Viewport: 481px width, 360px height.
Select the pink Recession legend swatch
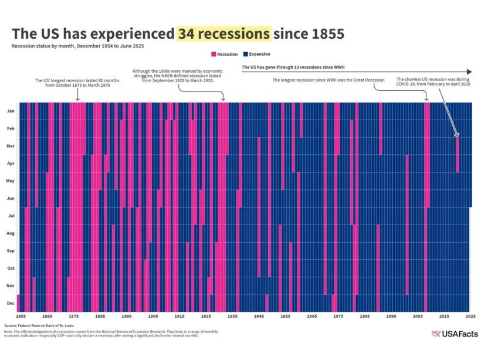point(214,54)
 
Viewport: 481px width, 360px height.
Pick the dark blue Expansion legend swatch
point(245,54)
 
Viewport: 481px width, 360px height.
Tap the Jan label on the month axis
point(11,111)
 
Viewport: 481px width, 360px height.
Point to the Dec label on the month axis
point(11,303)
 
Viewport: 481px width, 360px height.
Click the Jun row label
point(11,198)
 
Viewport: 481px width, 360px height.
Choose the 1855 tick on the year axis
point(21,316)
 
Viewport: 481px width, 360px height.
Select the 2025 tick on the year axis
point(470,316)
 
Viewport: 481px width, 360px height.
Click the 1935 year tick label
point(232,316)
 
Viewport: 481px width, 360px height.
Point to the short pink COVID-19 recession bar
point(458,154)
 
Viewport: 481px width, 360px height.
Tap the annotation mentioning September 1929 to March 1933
point(173,76)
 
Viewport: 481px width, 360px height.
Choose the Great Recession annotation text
point(328,79)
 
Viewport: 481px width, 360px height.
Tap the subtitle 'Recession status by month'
point(78,45)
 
